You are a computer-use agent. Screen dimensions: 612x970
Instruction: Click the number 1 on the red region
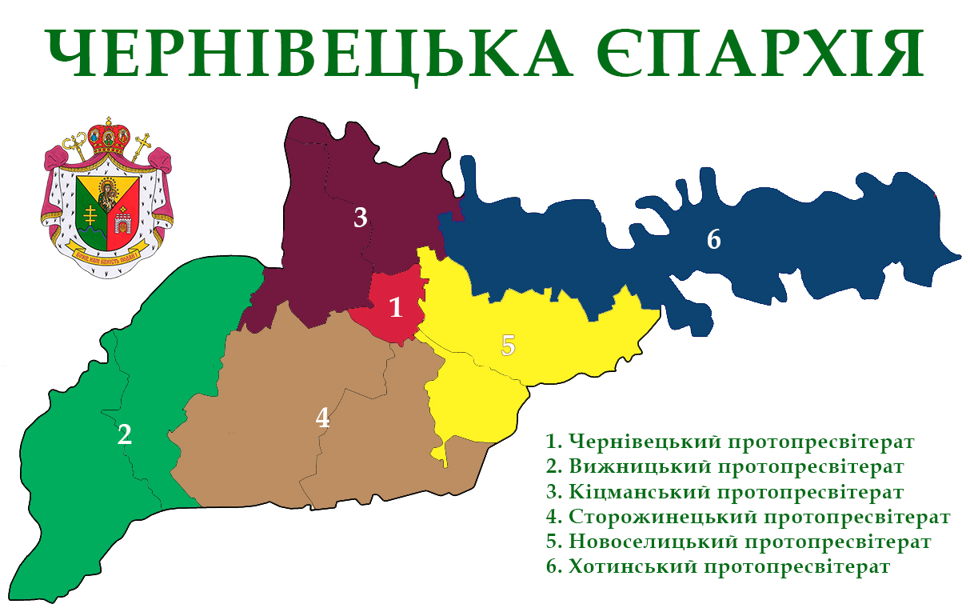(x=395, y=307)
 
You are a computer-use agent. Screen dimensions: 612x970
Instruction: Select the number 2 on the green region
(x=124, y=434)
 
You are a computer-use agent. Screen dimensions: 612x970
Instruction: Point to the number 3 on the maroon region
(x=361, y=217)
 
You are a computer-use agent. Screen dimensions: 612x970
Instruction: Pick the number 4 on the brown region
(x=322, y=417)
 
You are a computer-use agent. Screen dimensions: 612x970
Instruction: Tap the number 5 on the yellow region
(x=508, y=346)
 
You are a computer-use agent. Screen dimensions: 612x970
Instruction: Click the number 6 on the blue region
(x=714, y=238)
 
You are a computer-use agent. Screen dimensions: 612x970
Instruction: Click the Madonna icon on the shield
(x=107, y=193)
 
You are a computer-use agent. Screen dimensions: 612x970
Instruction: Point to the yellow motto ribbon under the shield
(x=107, y=258)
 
